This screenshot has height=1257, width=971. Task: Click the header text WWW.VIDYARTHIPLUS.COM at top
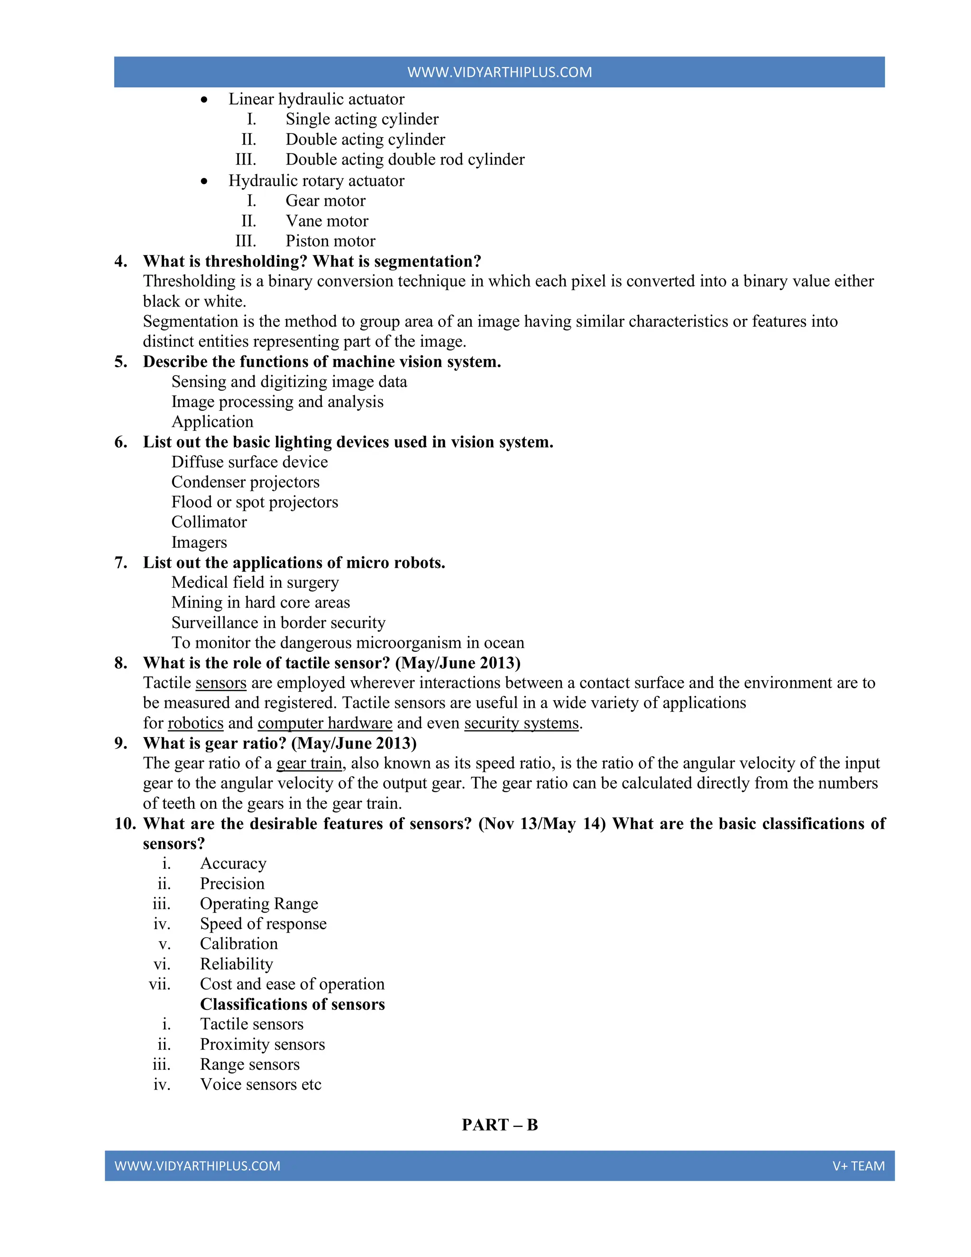tap(499, 72)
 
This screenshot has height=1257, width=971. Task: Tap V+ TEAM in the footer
tap(858, 1165)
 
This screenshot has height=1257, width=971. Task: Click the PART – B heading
tap(499, 1125)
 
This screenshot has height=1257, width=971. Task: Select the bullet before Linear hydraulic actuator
tap(204, 100)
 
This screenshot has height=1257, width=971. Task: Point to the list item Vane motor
tap(327, 221)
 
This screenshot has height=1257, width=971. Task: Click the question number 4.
tap(120, 261)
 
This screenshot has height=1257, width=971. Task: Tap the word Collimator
tap(209, 522)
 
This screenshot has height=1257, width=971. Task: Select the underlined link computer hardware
tap(324, 723)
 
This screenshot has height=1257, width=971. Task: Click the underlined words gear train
tap(310, 763)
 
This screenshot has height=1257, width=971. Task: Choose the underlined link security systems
tap(521, 723)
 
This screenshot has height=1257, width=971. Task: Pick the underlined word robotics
tap(196, 723)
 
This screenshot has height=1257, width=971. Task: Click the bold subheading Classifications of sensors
tap(292, 1004)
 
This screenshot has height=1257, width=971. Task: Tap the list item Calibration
tap(239, 944)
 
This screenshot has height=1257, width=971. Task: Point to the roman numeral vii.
tap(159, 984)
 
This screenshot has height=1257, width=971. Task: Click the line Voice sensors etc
tap(261, 1084)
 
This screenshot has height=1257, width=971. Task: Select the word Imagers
tap(199, 542)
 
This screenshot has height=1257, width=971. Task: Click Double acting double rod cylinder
tap(405, 159)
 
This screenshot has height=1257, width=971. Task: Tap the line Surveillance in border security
tap(278, 623)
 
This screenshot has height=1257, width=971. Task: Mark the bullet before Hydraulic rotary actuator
tap(204, 181)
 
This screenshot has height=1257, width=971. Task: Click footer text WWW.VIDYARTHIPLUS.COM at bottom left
tap(197, 1165)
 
